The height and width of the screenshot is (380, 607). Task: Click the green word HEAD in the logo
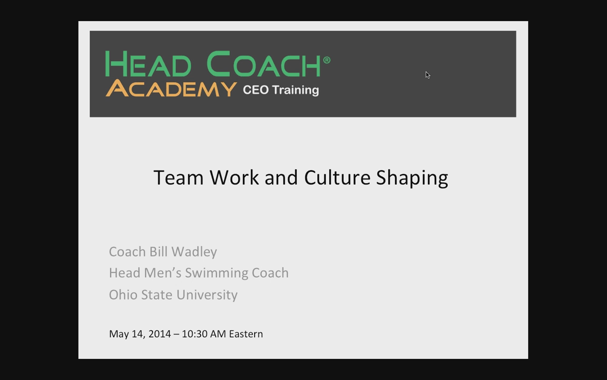pyautogui.click(x=148, y=64)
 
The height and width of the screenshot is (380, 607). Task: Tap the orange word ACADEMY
pyautogui.click(x=171, y=89)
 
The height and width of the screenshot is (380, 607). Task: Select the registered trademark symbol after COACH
pyautogui.click(x=327, y=60)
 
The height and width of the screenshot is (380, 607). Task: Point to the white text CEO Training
pyautogui.click(x=281, y=90)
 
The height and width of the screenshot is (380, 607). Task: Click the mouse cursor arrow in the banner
pyautogui.click(x=428, y=75)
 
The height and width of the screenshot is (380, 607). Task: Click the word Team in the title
pyautogui.click(x=179, y=177)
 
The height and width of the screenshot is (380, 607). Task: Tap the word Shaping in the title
pyautogui.click(x=412, y=178)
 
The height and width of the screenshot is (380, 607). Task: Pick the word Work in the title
pyautogui.click(x=234, y=177)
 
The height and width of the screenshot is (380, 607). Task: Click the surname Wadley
pyautogui.click(x=194, y=252)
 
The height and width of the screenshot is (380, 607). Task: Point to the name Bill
pyautogui.click(x=158, y=252)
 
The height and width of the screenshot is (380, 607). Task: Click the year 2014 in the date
pyautogui.click(x=160, y=334)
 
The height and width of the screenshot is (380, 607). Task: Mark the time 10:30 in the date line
pyautogui.click(x=194, y=334)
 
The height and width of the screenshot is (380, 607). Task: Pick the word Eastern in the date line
pyautogui.click(x=246, y=334)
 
